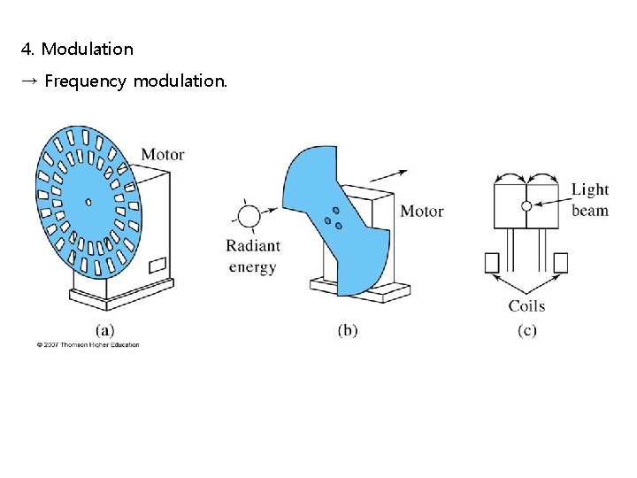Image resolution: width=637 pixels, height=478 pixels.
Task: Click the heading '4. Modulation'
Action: click(x=77, y=49)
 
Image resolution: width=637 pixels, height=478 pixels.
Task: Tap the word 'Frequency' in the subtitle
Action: click(x=85, y=81)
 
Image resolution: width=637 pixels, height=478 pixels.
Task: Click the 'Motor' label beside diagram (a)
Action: click(x=163, y=154)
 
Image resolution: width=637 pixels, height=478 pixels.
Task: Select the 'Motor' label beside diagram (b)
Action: click(x=421, y=211)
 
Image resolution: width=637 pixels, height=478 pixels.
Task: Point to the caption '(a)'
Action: click(x=104, y=330)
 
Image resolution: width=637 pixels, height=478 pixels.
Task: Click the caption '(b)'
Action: click(x=348, y=330)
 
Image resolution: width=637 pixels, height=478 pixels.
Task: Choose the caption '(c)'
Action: click(x=526, y=330)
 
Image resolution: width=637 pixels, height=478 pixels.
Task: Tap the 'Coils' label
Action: click(x=526, y=306)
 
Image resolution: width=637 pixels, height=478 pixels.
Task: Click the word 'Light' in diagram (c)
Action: click(x=589, y=189)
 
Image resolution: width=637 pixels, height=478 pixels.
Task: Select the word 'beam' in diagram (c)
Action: click(x=589, y=210)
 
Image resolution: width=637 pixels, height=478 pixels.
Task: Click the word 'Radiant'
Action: click(x=253, y=246)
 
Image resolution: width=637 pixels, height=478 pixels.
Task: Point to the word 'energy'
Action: click(x=253, y=266)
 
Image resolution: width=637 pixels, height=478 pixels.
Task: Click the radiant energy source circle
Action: click(x=249, y=217)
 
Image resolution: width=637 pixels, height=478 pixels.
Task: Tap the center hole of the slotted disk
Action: click(x=88, y=202)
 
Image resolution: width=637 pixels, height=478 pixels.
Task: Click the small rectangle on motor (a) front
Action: click(x=157, y=264)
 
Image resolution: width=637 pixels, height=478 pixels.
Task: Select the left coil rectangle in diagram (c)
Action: click(x=493, y=263)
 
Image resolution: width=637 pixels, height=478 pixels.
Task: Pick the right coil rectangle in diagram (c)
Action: click(x=560, y=263)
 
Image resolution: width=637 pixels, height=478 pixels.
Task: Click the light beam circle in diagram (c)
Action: click(x=526, y=205)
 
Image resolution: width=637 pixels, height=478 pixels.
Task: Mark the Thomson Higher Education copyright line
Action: click(x=88, y=345)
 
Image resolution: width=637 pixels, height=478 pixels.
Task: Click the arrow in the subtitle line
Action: click(x=28, y=81)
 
